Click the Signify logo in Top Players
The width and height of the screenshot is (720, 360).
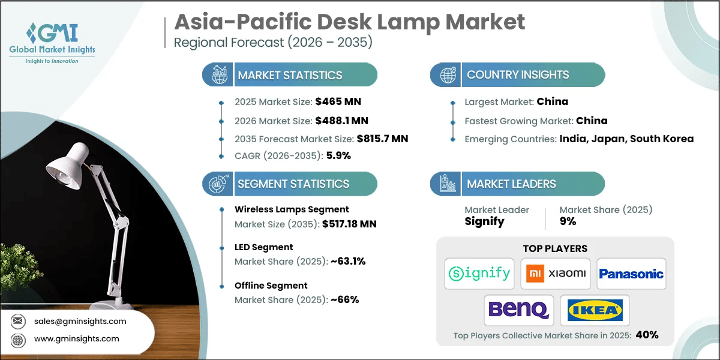(479, 274)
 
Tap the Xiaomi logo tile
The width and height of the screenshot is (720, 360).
(555, 274)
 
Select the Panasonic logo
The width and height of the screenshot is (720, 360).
(631, 274)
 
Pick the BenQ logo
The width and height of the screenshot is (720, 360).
(518, 310)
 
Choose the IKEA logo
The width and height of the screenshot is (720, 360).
(594, 310)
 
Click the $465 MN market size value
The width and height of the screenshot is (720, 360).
(338, 101)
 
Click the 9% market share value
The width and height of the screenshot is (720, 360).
(568, 221)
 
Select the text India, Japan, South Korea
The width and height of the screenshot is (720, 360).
(626, 139)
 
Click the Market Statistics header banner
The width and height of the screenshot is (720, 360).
(290, 75)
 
